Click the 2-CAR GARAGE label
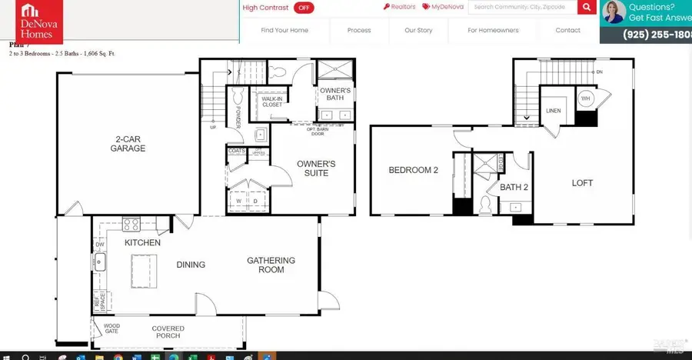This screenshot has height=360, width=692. [128, 144]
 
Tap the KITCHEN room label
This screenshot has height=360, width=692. [144, 243]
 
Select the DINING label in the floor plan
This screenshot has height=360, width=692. [191, 265]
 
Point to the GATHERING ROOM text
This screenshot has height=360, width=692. [265, 265]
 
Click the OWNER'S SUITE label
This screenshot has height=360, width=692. [317, 168]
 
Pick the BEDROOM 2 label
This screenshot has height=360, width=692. [413, 170]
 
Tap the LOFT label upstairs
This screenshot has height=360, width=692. [582, 183]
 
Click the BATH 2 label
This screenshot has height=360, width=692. [514, 187]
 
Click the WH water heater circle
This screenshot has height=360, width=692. [585, 98]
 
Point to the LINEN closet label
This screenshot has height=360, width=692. [553, 111]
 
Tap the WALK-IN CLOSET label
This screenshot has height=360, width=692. [272, 102]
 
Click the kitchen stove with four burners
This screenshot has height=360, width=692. [131, 225]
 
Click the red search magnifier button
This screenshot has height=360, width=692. [587, 8]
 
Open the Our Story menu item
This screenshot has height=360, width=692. [418, 31]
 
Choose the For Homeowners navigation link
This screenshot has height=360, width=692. [493, 31]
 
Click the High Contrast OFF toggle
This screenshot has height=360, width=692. [304, 8]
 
